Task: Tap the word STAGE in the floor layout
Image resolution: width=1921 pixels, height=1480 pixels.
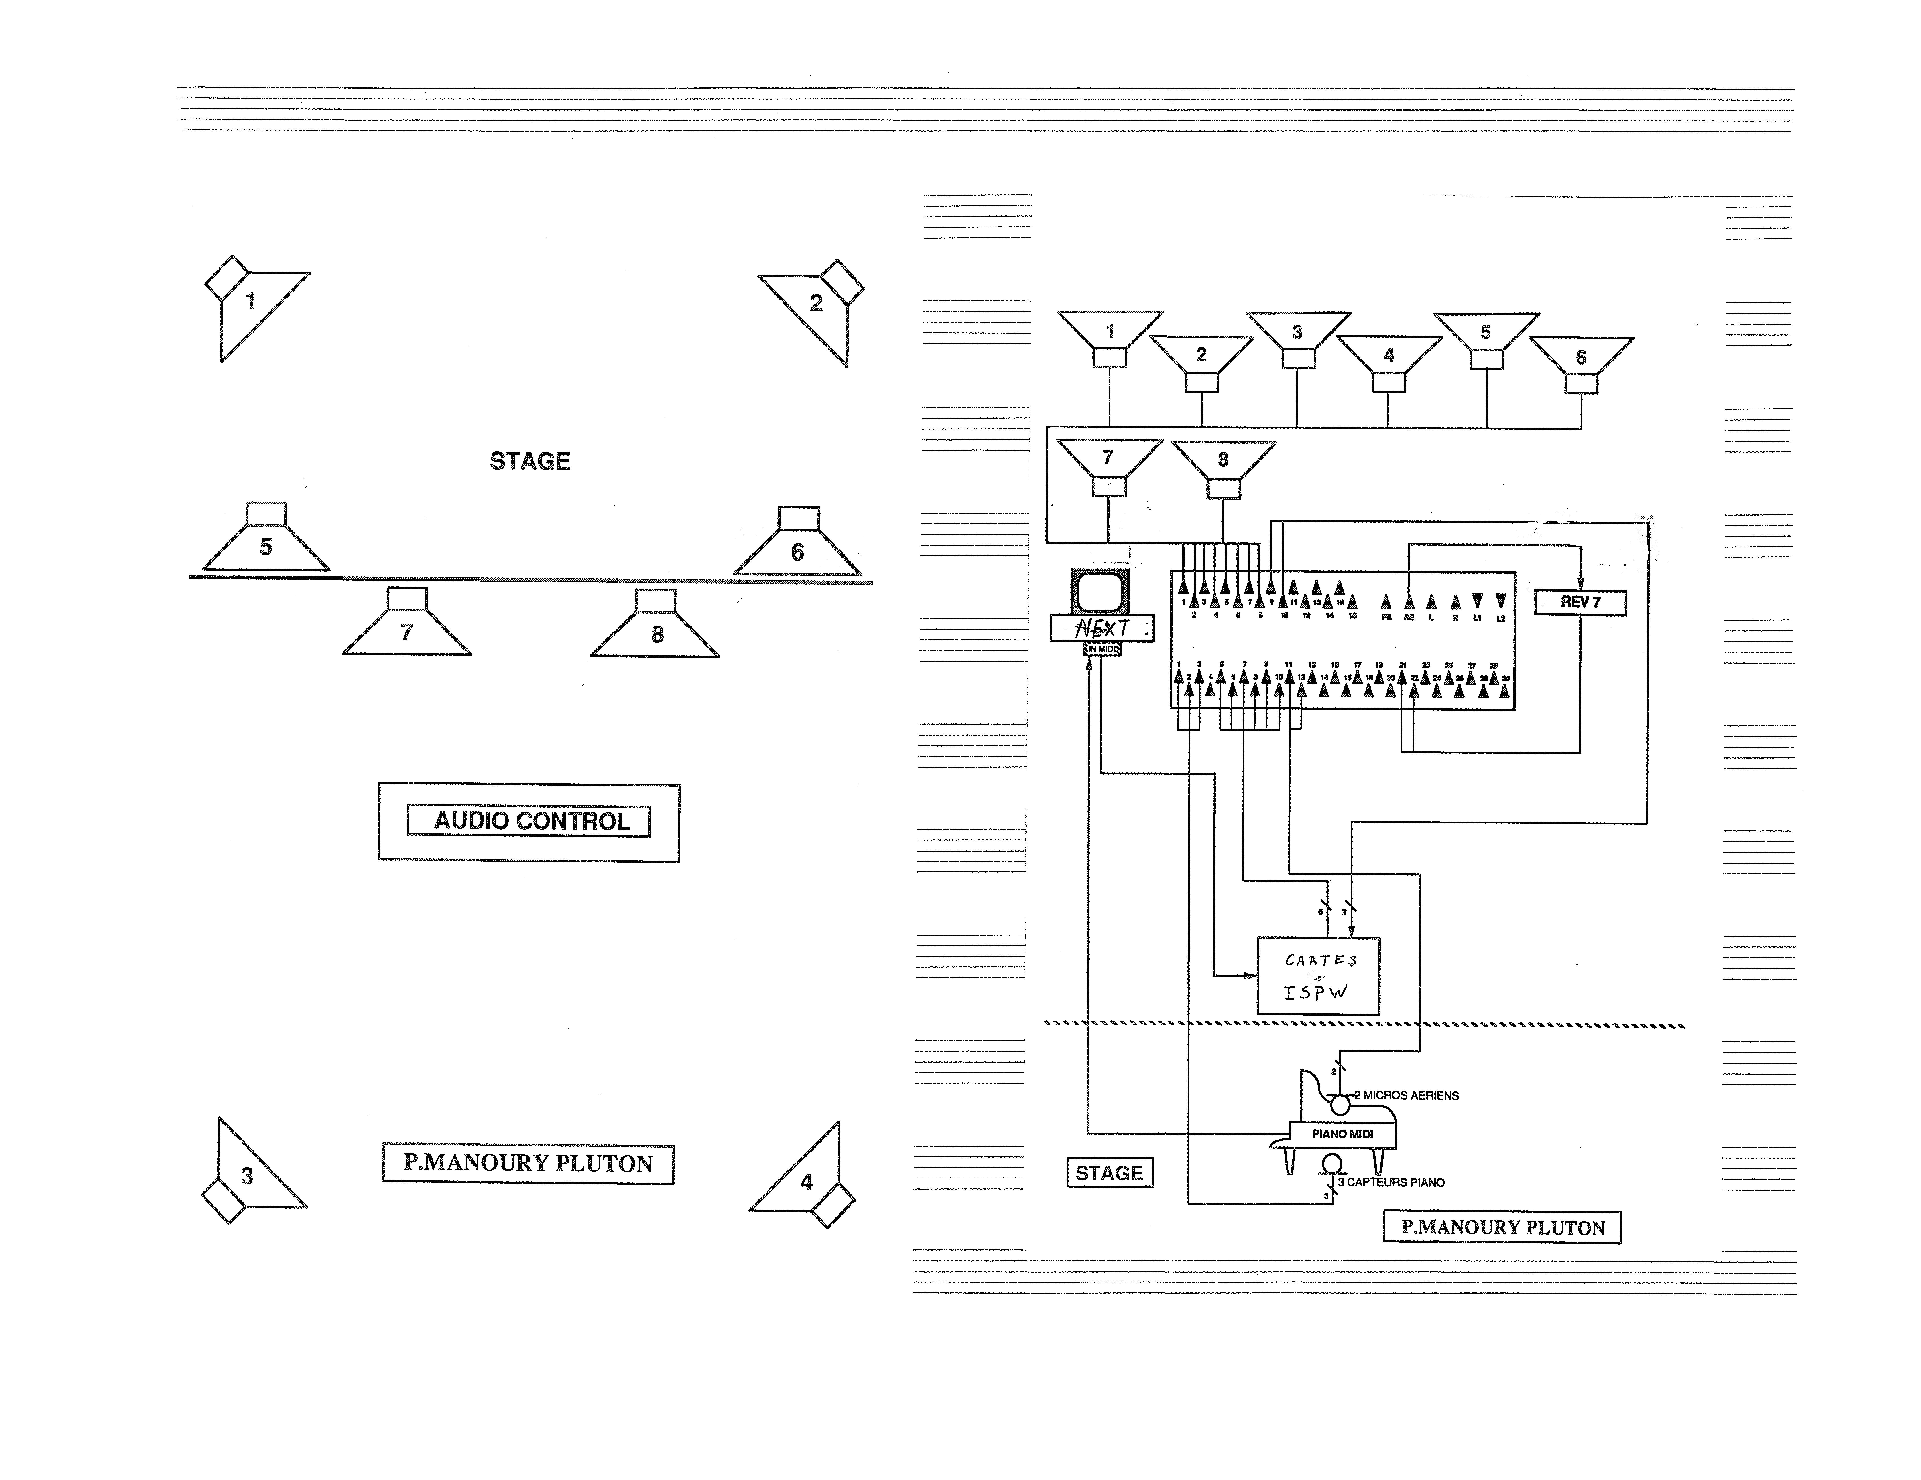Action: coord(530,461)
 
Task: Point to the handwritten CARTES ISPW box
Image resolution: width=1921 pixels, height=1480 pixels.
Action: coord(1318,976)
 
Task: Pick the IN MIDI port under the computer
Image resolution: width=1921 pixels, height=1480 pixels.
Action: coord(1101,649)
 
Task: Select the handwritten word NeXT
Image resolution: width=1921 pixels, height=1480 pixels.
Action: coord(1101,628)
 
